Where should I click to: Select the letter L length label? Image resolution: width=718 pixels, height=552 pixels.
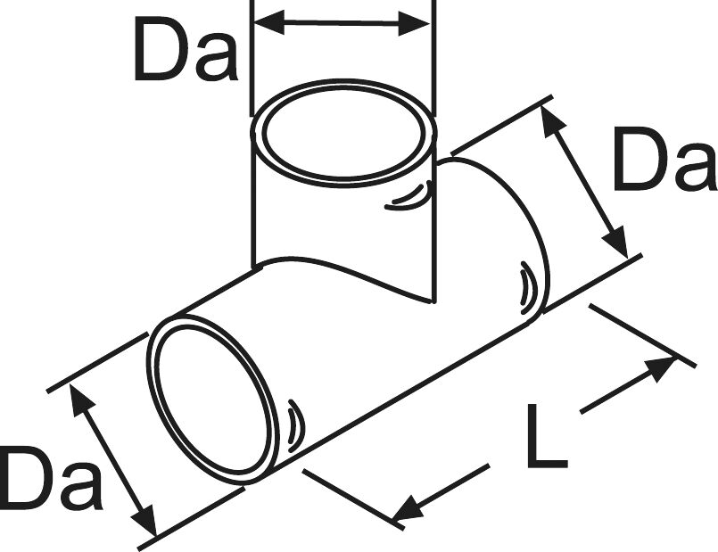coord(547,436)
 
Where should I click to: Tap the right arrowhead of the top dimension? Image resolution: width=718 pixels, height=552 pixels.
coord(414,23)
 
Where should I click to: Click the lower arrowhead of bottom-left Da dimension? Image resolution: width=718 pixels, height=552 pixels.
coord(144,521)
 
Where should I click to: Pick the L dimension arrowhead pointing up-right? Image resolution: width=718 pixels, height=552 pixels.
coord(661,369)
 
